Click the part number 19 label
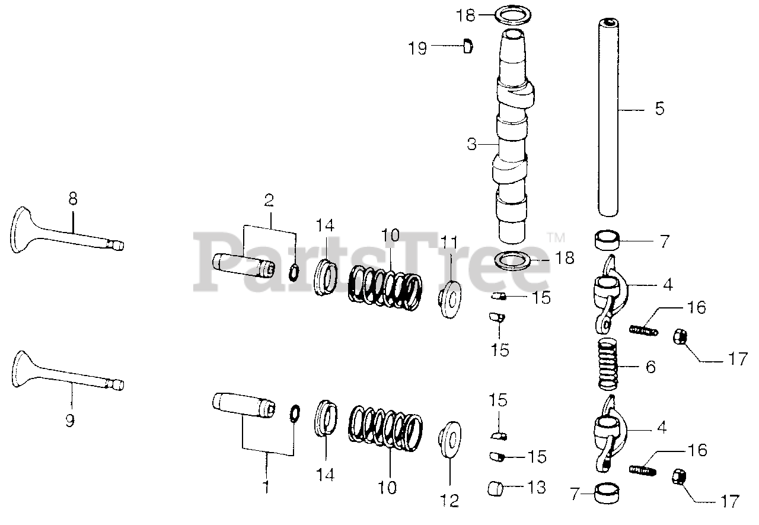418,48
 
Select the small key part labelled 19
467,45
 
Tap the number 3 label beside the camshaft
471,144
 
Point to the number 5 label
659,109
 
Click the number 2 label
269,201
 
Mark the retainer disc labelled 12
449,440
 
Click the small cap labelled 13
496,488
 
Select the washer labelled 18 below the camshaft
514,259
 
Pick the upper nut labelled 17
680,338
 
